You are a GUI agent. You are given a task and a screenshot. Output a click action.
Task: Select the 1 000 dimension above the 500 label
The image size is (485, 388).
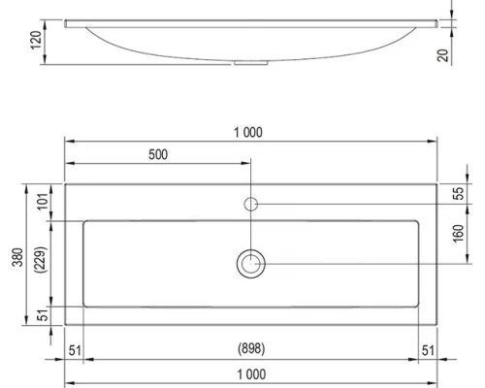click(250, 132)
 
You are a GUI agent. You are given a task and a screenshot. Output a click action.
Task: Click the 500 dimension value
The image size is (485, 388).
click(161, 154)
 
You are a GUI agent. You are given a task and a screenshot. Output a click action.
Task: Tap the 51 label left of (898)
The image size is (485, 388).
click(75, 348)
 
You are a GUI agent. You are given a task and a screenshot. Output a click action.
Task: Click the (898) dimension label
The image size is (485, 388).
click(251, 348)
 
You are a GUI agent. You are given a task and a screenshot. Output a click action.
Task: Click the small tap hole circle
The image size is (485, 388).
click(250, 204)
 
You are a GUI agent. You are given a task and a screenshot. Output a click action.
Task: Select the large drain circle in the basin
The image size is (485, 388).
click(250, 263)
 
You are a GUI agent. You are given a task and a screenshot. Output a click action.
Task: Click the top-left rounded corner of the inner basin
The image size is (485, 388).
click(87, 223)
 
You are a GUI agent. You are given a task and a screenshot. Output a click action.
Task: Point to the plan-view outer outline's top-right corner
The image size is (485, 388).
click(436, 184)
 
